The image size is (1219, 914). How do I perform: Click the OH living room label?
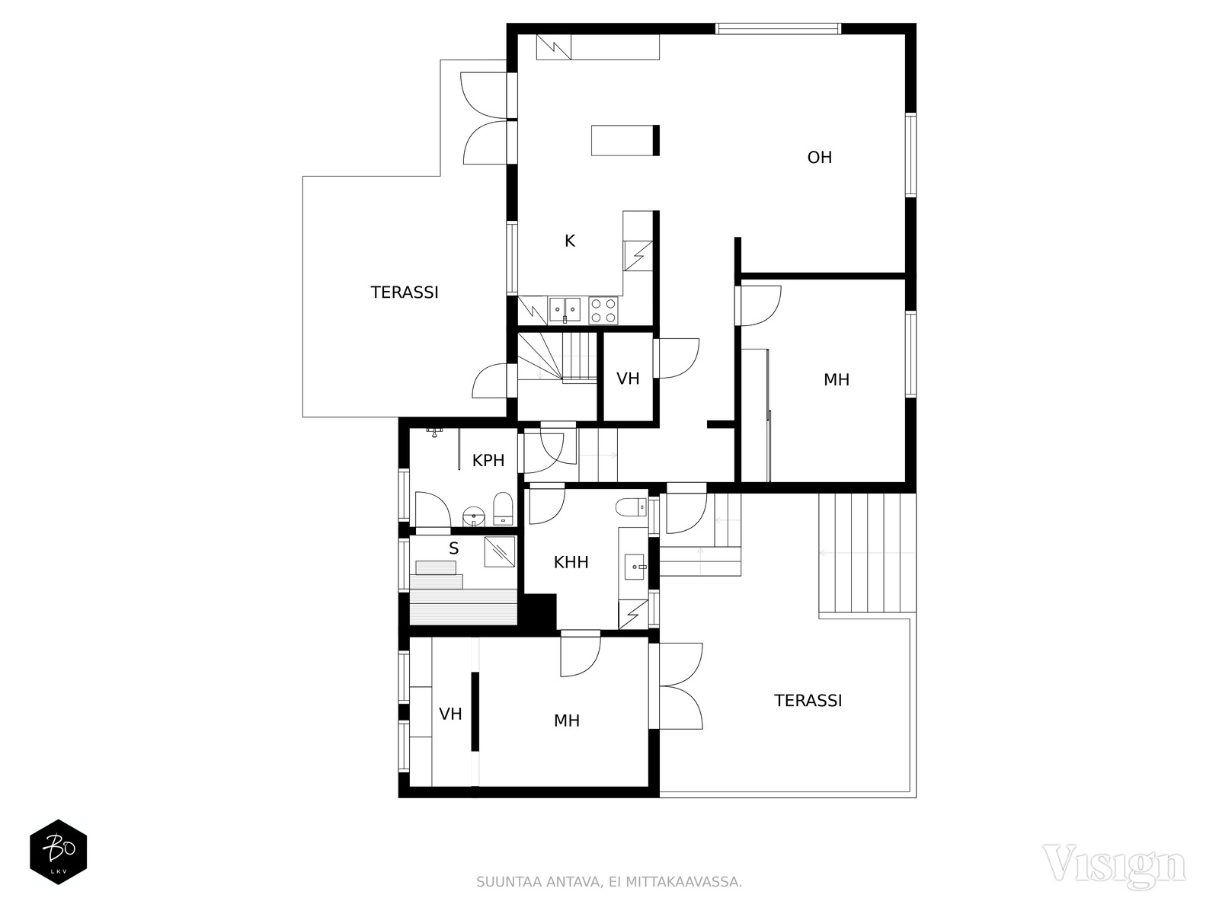point(819,158)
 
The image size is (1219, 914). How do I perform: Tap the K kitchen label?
point(570,241)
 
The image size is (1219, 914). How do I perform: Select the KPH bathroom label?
point(488,461)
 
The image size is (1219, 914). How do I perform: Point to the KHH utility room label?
point(571,562)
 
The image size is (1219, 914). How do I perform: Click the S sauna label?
point(454,549)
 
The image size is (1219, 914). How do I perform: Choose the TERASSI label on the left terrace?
point(405,292)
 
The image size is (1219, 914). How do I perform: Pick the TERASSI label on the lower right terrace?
point(808,700)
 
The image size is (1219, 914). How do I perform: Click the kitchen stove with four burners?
point(603,310)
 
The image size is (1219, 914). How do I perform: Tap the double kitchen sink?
point(565,310)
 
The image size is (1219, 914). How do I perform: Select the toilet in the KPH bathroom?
point(503,508)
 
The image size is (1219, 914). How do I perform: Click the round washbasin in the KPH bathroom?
point(474,516)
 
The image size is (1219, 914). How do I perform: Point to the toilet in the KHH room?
point(632,507)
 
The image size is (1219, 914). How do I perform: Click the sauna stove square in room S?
point(499,552)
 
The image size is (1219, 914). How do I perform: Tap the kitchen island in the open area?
point(625,140)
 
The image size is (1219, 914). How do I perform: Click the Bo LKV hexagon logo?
point(59,852)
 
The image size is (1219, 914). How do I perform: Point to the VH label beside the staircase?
point(628,379)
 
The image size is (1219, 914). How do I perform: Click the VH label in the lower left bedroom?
point(450,714)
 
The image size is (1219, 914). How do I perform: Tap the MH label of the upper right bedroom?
point(837,380)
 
